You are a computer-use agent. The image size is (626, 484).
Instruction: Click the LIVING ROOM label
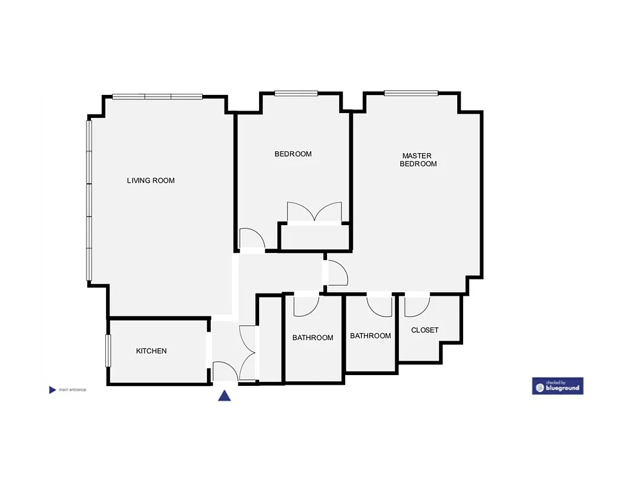click(151, 180)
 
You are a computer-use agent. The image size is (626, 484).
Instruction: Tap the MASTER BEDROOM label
click(418, 160)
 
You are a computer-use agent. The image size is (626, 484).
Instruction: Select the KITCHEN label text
click(151, 351)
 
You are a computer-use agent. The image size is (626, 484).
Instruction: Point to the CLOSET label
click(424, 330)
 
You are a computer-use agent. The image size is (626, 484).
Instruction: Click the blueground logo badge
click(558, 386)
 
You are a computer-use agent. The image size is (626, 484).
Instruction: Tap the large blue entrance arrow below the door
click(225, 396)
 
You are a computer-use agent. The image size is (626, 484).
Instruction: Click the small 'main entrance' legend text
click(73, 390)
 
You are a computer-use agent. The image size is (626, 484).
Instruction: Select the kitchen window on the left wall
click(108, 350)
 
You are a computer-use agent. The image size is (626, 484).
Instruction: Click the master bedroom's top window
click(411, 93)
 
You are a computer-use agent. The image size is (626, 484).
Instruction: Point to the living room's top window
click(157, 97)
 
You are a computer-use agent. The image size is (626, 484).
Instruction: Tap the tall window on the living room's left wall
click(89, 200)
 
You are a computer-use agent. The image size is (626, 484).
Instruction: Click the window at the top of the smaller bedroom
click(296, 93)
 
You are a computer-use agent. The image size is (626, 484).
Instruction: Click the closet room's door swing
click(416, 306)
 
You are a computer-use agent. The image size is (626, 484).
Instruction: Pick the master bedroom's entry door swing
click(337, 273)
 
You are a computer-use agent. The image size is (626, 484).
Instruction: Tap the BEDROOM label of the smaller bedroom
click(293, 154)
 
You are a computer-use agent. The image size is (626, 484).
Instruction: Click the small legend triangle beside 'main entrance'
click(52, 390)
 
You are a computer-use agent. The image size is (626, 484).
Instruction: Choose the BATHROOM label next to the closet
click(371, 336)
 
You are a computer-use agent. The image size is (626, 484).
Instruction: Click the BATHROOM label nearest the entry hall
click(312, 338)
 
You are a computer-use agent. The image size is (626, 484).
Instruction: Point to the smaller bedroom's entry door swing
click(249, 238)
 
